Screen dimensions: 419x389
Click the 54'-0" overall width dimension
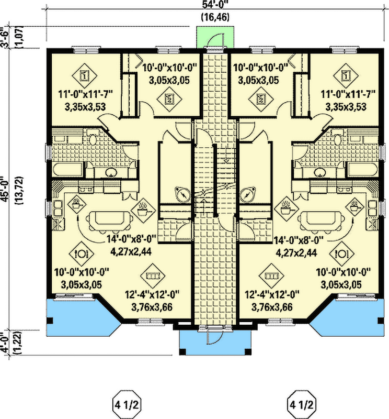coord(216,6)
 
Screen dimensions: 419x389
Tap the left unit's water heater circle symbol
coord(182,193)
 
